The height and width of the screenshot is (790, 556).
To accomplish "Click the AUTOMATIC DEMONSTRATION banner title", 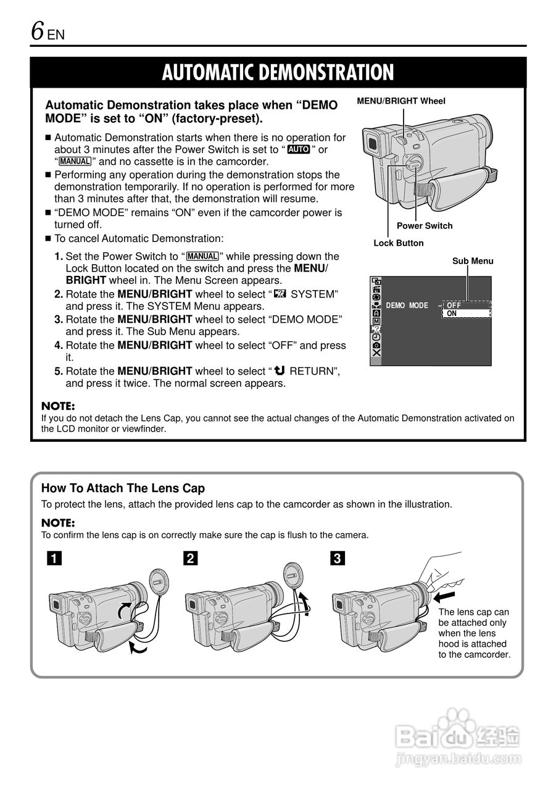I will tap(278, 73).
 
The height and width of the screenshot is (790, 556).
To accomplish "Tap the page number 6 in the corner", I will tap(38, 30).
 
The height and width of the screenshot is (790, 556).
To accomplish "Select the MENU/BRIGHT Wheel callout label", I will tap(400, 101).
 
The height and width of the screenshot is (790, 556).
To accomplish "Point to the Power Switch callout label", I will tap(424, 226).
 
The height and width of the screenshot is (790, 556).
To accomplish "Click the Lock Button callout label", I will tap(398, 243).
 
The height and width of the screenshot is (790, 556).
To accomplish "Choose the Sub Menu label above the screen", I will tap(473, 261).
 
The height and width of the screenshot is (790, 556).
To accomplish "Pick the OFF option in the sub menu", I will tap(454, 305).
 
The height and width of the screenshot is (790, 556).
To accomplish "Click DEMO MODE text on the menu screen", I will tap(407, 306).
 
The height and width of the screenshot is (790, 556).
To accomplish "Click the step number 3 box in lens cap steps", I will tap(337, 559).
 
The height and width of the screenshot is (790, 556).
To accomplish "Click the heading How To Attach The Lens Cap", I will tap(123, 488).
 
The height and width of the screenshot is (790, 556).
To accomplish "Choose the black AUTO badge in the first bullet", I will tap(299, 150).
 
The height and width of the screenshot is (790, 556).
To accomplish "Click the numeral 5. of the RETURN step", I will tap(59, 371).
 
